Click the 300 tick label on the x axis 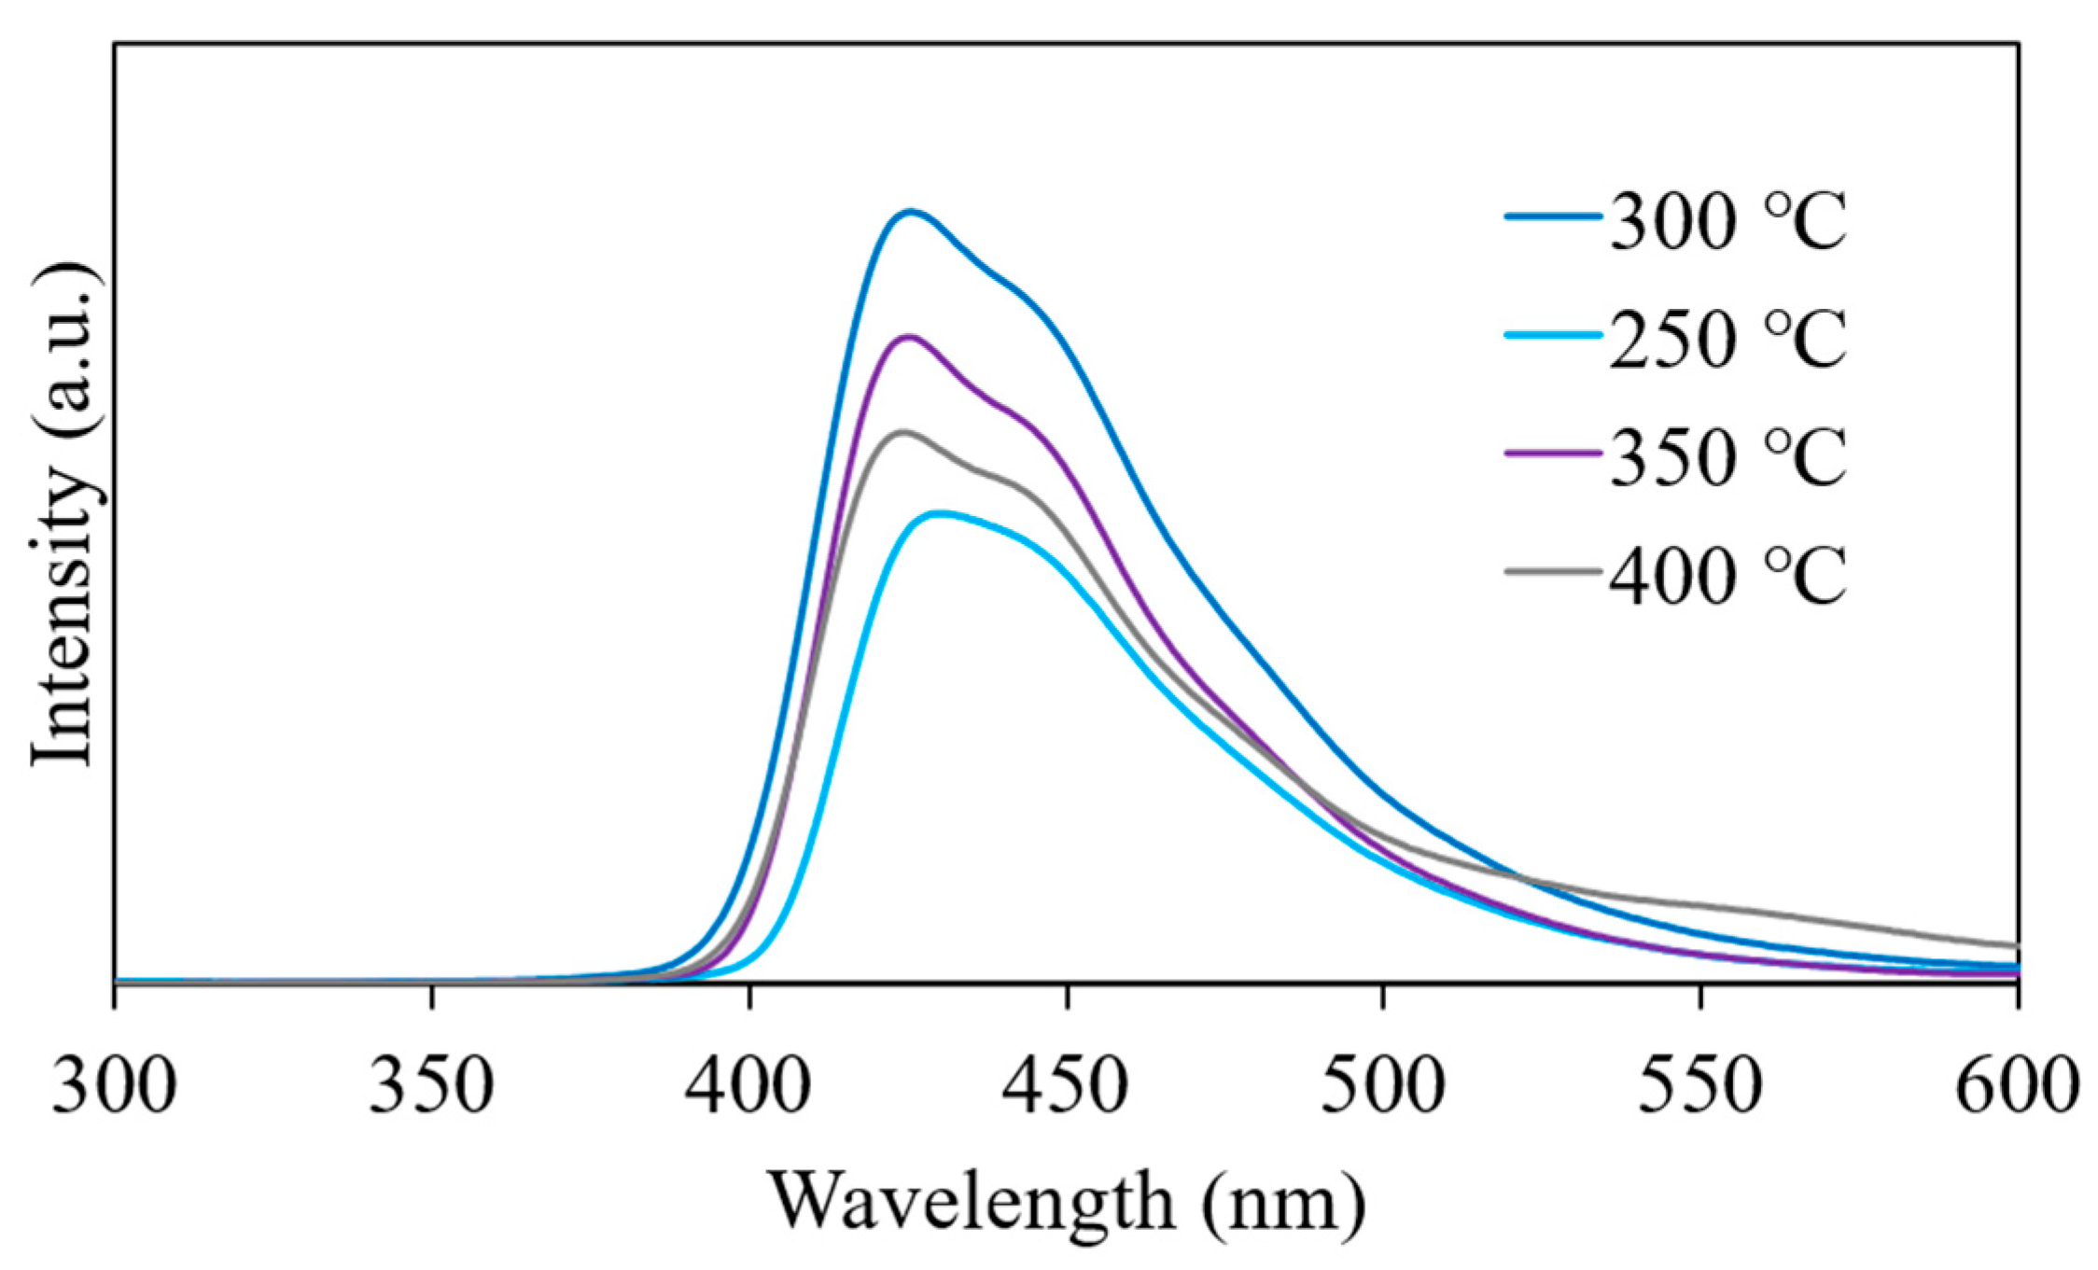coord(114,1084)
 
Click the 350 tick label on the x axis coord(431,1084)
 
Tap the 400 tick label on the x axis coord(748,1084)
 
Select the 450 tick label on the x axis coord(1067,1084)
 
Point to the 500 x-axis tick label coord(1383,1084)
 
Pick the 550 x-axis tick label coord(1700,1084)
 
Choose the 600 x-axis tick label coord(2016,1084)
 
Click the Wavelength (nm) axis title coord(1066,1201)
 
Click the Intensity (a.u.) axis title coord(63,514)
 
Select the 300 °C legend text coord(1727,222)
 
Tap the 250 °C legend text coord(1727,339)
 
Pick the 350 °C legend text coord(1727,456)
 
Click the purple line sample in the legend coord(1553,453)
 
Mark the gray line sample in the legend coord(1553,570)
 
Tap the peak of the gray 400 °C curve coord(902,431)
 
